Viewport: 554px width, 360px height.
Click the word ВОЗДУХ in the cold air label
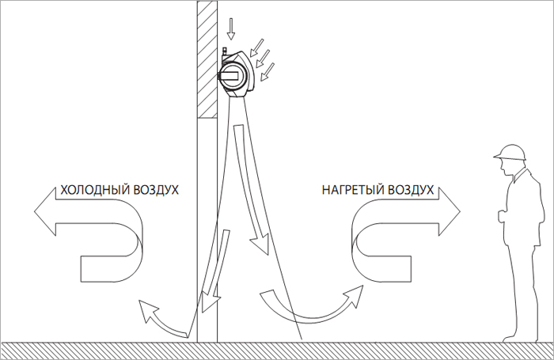click(x=151, y=190)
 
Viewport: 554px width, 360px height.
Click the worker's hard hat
click(x=510, y=153)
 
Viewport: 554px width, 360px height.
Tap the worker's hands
click(x=502, y=215)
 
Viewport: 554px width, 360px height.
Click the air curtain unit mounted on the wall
click(x=236, y=73)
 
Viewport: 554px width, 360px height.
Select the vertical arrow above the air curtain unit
click(x=231, y=28)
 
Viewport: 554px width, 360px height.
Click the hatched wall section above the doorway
click(x=207, y=59)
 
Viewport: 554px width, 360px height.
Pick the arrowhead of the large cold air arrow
click(x=45, y=211)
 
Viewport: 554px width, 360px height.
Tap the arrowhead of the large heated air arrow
click(x=450, y=211)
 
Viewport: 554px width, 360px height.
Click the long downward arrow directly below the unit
click(x=250, y=188)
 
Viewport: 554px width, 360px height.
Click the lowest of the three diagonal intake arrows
click(x=268, y=72)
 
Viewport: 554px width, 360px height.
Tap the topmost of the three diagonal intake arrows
click(x=257, y=47)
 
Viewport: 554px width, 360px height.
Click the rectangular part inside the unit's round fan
click(x=230, y=75)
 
